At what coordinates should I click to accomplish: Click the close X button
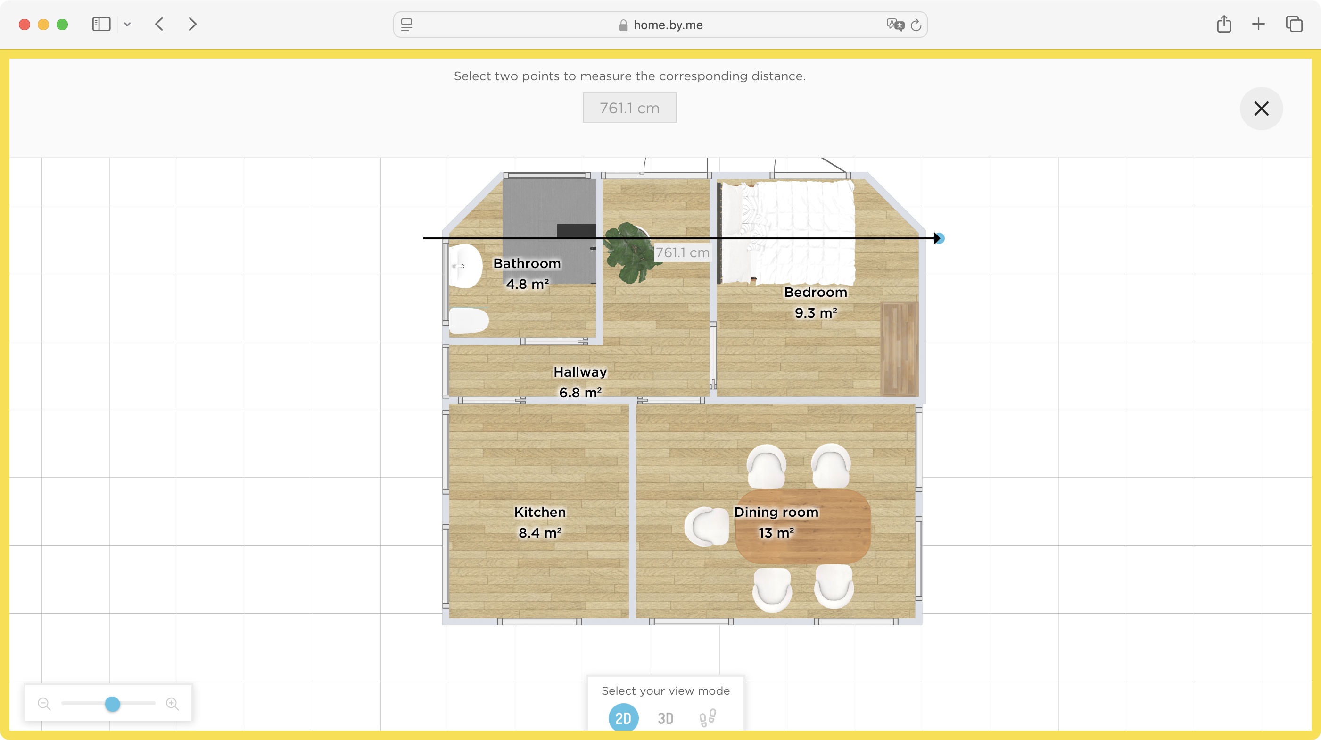coord(1261,108)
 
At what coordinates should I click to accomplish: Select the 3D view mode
coord(665,718)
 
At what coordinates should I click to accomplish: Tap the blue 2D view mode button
coord(623,718)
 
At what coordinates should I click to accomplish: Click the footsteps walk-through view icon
coord(708,718)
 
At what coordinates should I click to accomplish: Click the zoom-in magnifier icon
coord(172,704)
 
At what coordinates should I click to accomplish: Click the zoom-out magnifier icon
coord(44,704)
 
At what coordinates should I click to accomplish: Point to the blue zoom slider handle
coord(112,704)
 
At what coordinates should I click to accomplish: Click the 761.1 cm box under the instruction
coord(629,108)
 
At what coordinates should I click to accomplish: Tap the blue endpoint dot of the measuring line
coord(940,238)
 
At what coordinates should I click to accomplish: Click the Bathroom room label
coord(527,263)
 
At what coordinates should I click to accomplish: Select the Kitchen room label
coord(539,512)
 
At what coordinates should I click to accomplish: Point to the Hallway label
coord(580,371)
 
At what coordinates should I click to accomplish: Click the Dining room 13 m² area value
coord(776,533)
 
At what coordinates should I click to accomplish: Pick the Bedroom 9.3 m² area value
coord(815,312)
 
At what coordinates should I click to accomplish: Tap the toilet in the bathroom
coord(468,321)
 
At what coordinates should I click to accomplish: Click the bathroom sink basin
coord(466,266)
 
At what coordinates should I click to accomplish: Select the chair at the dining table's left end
coord(707,526)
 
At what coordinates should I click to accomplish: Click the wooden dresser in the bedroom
coord(899,349)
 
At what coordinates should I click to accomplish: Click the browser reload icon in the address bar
coord(916,25)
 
